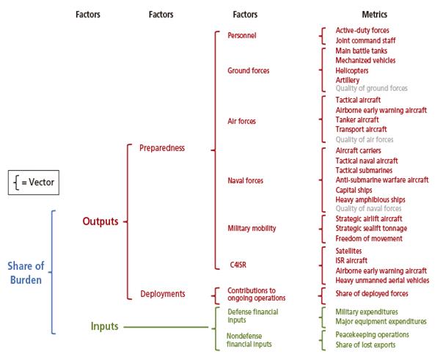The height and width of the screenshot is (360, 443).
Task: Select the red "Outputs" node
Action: (100, 221)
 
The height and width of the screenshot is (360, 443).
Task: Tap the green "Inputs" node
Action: (105, 326)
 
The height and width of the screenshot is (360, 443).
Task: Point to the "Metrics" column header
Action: (375, 14)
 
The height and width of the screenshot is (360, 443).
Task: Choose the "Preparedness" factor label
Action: (162, 148)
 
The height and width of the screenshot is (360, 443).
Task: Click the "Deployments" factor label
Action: (162, 294)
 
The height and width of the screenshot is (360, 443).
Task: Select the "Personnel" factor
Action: (242, 35)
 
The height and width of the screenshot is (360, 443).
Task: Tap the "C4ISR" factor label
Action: (238, 264)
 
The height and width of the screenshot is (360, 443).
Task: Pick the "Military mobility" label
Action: (252, 229)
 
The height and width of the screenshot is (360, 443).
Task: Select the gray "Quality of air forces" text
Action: (364, 139)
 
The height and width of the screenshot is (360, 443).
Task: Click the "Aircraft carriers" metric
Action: (358, 150)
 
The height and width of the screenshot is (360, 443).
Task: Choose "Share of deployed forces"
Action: (370, 293)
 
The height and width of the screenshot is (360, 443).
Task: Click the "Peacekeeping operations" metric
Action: (372, 334)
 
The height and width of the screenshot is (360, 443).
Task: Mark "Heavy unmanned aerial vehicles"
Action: (382, 280)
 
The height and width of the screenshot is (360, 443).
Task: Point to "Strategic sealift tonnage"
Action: (371, 228)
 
